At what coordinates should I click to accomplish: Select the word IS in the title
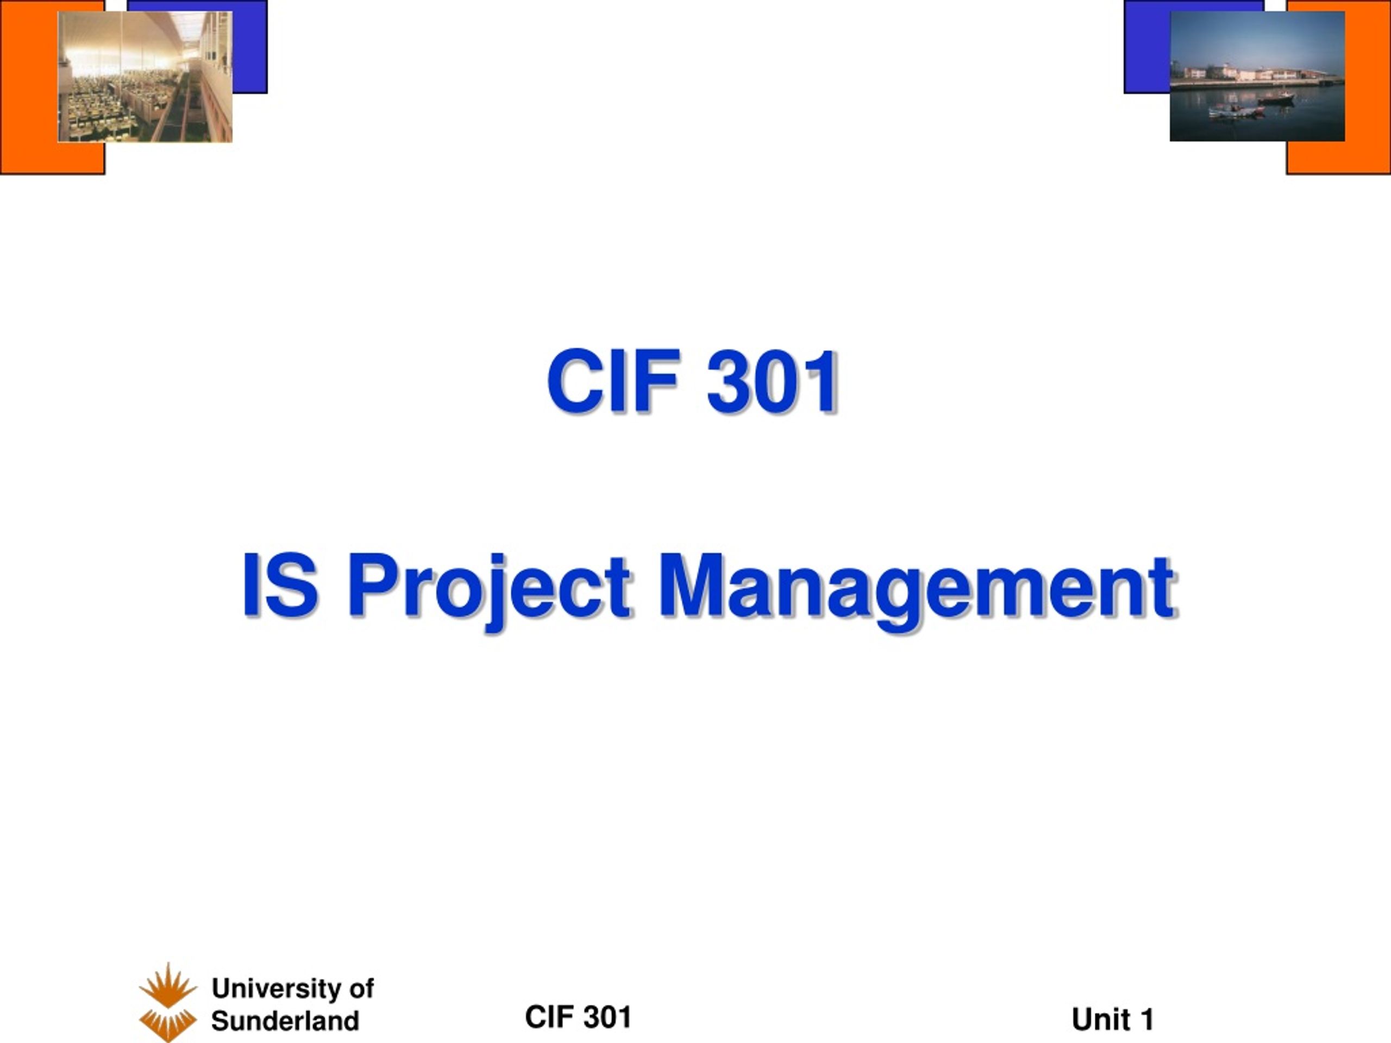tap(279, 584)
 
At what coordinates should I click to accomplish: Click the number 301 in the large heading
tap(772, 381)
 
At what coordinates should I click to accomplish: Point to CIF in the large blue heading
tap(614, 381)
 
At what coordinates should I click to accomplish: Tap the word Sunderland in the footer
tap(285, 1021)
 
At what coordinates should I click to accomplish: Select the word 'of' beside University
tap(361, 989)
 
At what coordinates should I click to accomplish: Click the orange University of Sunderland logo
tap(168, 1002)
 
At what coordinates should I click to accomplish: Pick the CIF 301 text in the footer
tap(578, 1017)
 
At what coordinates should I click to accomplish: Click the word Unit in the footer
tap(1102, 1020)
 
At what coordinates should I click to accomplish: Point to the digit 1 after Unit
tap(1147, 1020)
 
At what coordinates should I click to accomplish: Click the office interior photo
tap(145, 77)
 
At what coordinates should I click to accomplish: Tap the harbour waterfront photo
tap(1257, 76)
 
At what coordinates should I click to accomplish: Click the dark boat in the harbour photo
tap(1276, 98)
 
